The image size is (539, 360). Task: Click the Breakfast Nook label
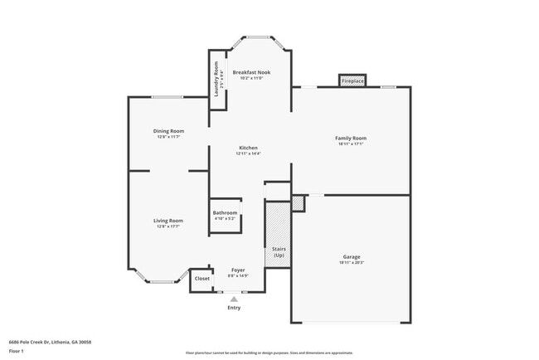(x=250, y=73)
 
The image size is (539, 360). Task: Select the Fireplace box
(x=353, y=81)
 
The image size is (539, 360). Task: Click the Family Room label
(x=351, y=139)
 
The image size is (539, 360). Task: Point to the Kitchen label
(x=249, y=147)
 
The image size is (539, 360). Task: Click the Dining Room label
(x=168, y=130)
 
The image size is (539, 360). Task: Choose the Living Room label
(x=168, y=220)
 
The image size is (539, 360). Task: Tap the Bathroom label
(x=225, y=213)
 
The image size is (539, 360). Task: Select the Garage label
(x=352, y=257)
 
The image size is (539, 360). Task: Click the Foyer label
(x=238, y=270)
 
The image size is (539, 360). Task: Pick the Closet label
(x=202, y=279)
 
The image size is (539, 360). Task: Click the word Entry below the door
(x=235, y=308)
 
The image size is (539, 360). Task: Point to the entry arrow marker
(x=235, y=298)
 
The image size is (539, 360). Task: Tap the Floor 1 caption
(x=17, y=351)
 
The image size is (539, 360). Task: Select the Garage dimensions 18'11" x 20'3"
(x=352, y=263)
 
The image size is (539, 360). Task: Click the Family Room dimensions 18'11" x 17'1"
(x=351, y=144)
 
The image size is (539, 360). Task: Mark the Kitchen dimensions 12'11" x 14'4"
(x=249, y=153)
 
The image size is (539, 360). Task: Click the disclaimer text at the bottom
(x=269, y=353)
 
